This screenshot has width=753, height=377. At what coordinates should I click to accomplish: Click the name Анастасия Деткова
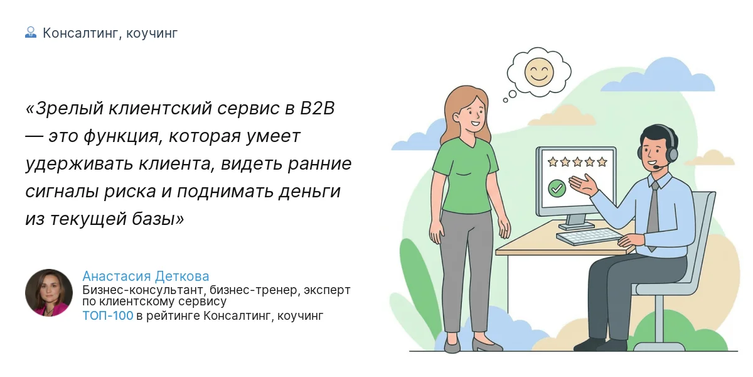[146, 276]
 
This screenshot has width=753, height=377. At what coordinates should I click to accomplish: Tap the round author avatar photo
[49, 293]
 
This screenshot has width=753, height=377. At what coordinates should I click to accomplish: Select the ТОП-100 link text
[108, 315]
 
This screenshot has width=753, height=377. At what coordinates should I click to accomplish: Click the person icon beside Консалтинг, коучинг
[31, 33]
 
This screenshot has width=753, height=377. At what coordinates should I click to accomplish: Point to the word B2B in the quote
[318, 108]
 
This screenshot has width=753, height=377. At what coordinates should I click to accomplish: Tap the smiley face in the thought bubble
[538, 72]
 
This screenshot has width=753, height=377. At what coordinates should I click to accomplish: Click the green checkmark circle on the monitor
[557, 187]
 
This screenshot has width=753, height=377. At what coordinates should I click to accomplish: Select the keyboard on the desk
[589, 237]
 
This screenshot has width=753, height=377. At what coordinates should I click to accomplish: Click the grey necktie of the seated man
[653, 214]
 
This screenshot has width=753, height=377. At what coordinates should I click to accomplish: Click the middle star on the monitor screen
[577, 162]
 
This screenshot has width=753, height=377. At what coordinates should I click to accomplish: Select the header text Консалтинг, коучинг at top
[110, 33]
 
